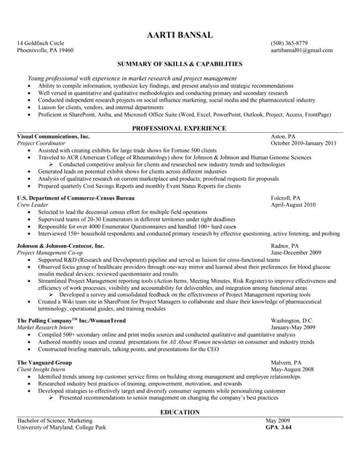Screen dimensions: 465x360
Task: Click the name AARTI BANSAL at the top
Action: click(x=180, y=34)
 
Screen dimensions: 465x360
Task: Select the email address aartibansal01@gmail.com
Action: click(x=302, y=51)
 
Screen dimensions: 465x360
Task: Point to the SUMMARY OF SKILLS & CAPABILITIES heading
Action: click(x=180, y=65)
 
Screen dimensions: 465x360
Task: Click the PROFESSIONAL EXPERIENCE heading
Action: click(x=180, y=128)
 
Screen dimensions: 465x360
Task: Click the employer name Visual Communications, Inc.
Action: click(x=53, y=137)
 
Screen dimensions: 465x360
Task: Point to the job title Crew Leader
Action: click(x=33, y=205)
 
